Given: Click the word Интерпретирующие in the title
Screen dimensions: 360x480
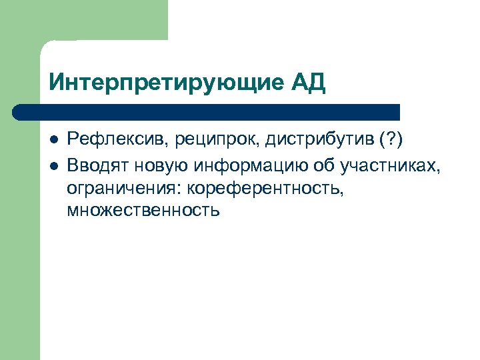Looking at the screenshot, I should pyautogui.click(x=166, y=84).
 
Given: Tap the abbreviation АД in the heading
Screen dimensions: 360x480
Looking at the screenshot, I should pyautogui.click(x=308, y=83).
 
